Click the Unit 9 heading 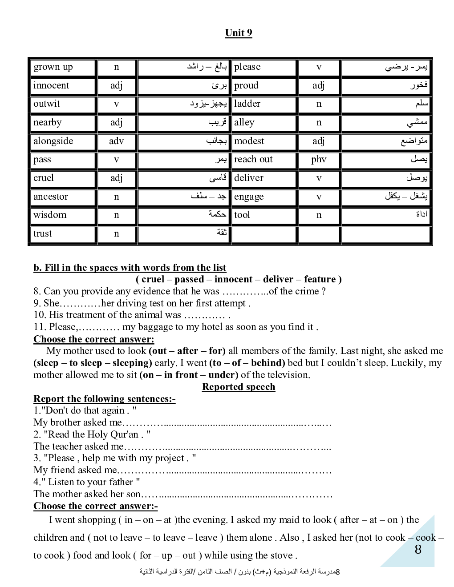(x=239, y=32)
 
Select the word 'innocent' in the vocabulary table (x=51, y=85)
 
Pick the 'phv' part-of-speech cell (x=319, y=159)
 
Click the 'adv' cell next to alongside (x=116, y=141)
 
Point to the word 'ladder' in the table (x=247, y=104)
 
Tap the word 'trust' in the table (x=43, y=233)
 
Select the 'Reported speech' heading (x=239, y=387)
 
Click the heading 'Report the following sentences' (x=104, y=399)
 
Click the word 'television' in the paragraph (x=286, y=375)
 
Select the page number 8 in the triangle (x=418, y=550)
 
